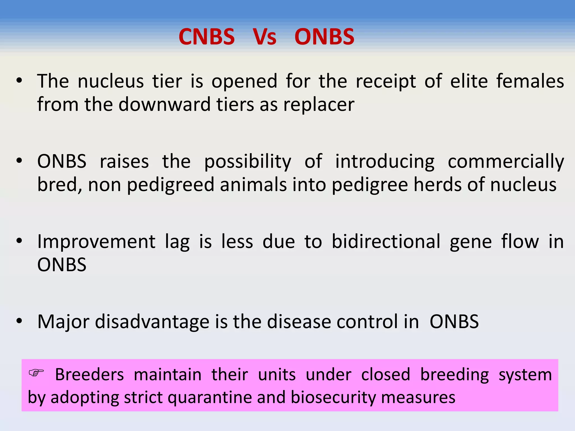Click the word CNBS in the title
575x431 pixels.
point(207,37)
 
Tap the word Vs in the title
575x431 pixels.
point(264,37)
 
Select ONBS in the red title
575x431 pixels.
point(324,37)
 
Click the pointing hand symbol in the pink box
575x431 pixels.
point(36,373)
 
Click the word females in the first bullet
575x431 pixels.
point(530,81)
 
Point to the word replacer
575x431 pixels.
point(319,105)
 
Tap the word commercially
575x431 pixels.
point(506,162)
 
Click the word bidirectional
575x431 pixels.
point(386,242)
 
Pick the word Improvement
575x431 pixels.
point(96,242)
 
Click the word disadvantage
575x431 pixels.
point(152,322)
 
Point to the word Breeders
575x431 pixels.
point(89,375)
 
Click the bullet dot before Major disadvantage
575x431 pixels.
point(19,321)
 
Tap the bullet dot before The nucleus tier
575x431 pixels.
point(19,81)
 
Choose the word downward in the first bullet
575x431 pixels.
point(165,105)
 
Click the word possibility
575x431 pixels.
point(248,162)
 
